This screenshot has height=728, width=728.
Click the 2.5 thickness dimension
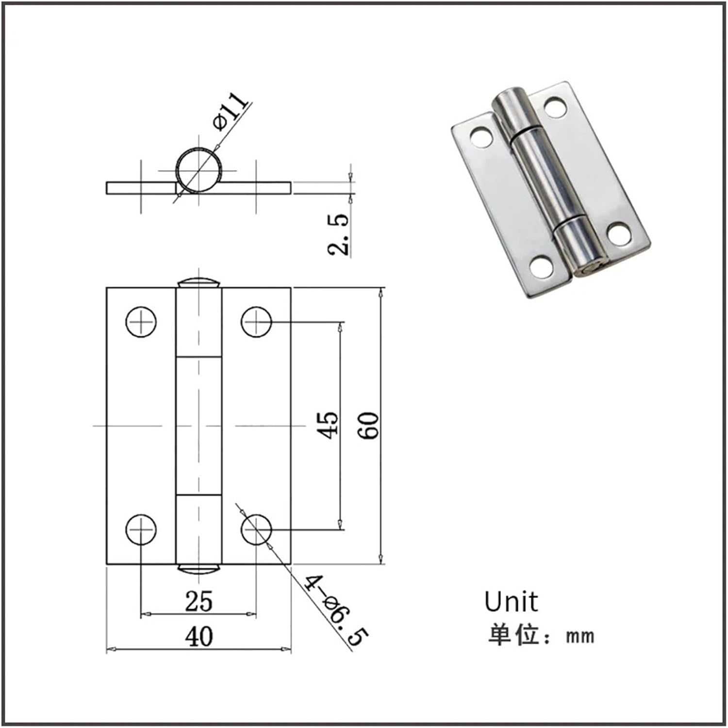(338, 234)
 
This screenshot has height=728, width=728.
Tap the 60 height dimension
(370, 425)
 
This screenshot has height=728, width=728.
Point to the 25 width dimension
(199, 601)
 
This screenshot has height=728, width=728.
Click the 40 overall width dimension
(199, 636)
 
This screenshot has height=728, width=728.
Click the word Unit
(511, 602)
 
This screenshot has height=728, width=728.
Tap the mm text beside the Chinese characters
(580, 635)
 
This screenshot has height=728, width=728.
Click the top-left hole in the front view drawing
(141, 322)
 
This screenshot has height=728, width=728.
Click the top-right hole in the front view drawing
(256, 322)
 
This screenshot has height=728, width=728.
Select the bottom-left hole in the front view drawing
(141, 529)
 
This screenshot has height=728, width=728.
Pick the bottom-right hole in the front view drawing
(256, 529)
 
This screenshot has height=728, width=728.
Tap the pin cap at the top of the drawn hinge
(199, 283)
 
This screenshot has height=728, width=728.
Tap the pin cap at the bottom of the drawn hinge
(199, 569)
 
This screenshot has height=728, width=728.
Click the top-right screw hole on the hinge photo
(556, 107)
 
